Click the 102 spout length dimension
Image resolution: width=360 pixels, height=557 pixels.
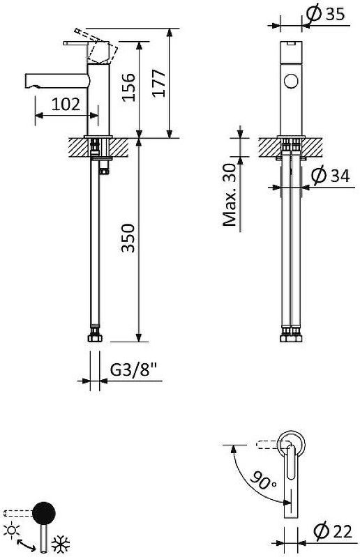coord(66,105)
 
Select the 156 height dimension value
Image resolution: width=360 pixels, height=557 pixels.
coord(128,87)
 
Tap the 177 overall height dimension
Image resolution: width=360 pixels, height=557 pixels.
coord(158,84)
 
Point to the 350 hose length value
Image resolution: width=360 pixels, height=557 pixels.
coord(128,238)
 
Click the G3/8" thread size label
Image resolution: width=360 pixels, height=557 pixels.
coord(134,369)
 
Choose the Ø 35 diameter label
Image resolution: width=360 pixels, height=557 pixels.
coord(325,14)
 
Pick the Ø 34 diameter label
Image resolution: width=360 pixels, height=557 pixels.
coord(330,176)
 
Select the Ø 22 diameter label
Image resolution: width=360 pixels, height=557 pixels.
coord(333,531)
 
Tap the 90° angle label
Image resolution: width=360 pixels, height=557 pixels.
coord(263,480)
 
